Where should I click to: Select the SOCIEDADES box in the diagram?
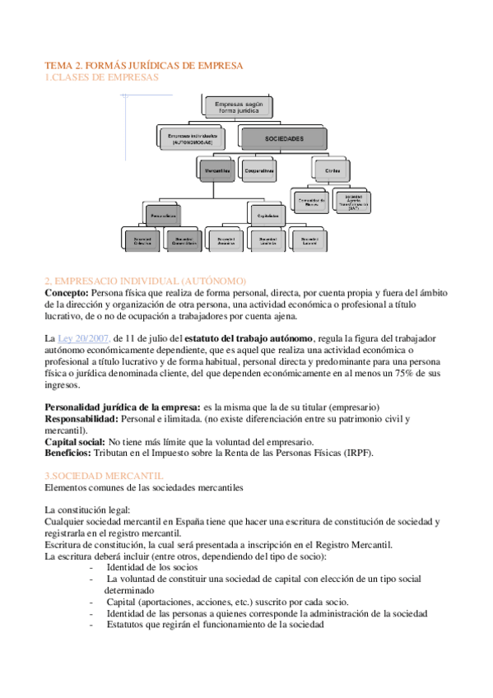285,139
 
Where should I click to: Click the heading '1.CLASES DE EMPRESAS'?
100,77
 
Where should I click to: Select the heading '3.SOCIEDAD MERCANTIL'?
104,476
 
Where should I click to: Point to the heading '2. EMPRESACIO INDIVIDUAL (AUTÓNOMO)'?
145,281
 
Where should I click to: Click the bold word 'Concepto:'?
67,292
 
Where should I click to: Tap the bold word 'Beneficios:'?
70,453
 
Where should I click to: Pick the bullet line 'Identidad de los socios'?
152,567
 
